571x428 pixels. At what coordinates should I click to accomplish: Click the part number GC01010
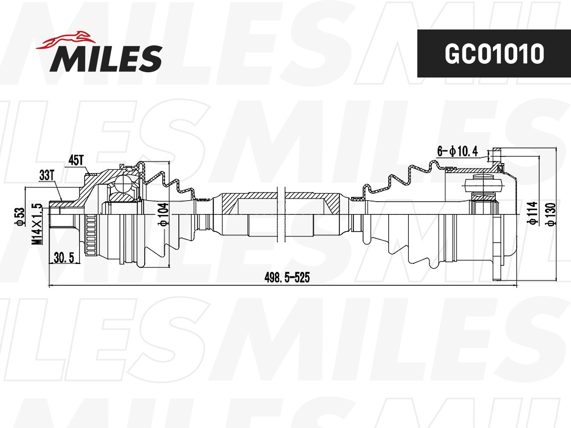tap(494, 54)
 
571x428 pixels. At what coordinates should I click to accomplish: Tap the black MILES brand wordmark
tap(106, 58)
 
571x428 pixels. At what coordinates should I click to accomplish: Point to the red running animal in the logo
tap(66, 40)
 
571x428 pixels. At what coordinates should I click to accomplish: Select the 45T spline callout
tap(76, 160)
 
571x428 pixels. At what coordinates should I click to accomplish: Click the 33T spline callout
tap(46, 175)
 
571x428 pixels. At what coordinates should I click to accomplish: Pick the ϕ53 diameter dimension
tap(20, 216)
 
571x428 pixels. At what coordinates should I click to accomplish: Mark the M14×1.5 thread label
tap(37, 224)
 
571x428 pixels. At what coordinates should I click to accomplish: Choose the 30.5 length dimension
tap(64, 258)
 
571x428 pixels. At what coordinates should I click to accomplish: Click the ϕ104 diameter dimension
tap(164, 214)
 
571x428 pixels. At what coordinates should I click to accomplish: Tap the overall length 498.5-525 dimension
tap(287, 278)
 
